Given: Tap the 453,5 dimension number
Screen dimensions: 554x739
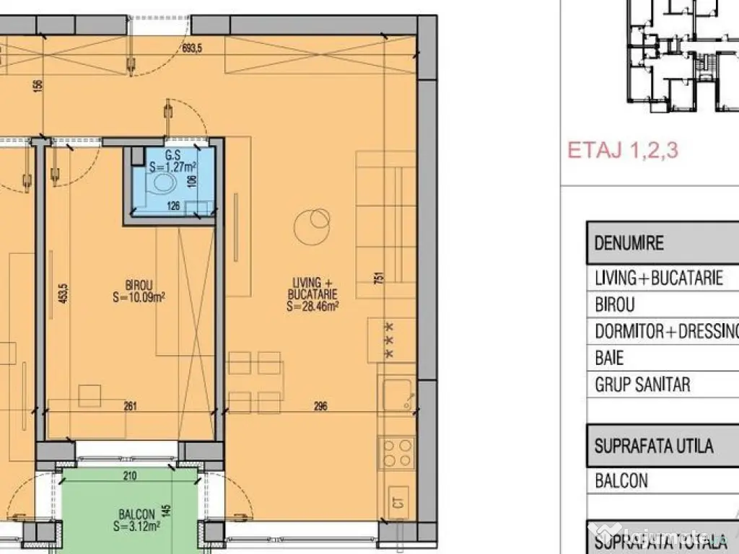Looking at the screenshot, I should pos(64,294).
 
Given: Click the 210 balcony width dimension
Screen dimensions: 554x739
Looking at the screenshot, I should pos(129,475).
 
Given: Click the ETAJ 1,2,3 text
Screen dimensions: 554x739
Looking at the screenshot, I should pos(622,150).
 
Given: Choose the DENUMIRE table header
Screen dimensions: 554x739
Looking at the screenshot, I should pos(628,242).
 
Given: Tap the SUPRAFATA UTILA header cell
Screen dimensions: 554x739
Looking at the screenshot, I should pos(653,445).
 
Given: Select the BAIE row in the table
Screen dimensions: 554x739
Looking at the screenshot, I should pos(609,358).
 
